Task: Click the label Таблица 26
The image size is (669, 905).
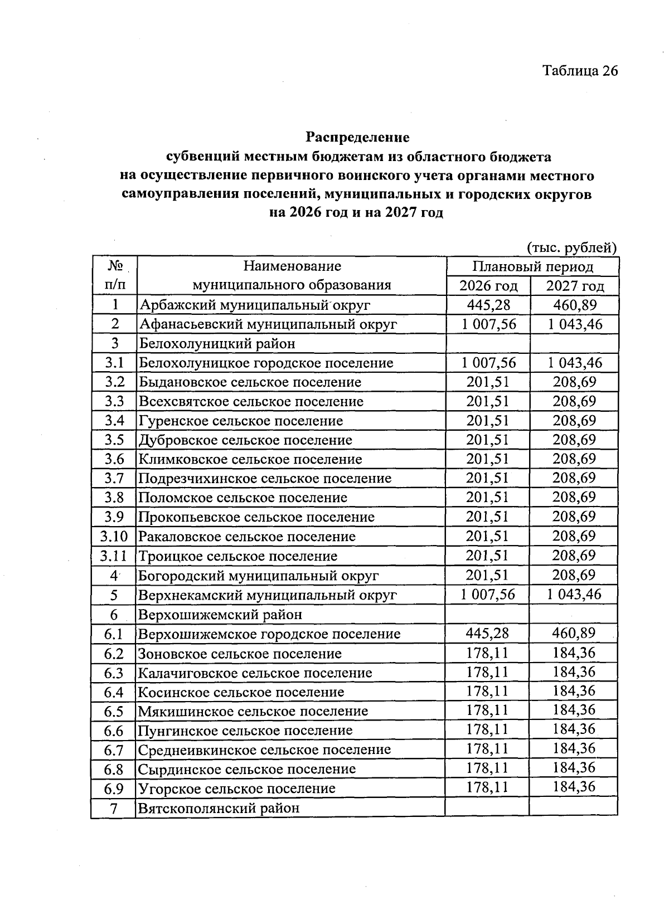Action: [x=580, y=71]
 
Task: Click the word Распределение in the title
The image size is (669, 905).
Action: [x=357, y=137]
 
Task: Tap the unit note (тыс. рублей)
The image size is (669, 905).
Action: [x=571, y=247]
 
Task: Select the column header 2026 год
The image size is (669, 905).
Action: [x=488, y=286]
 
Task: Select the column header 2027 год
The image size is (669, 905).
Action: [x=575, y=286]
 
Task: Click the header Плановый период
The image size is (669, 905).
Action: [x=532, y=266]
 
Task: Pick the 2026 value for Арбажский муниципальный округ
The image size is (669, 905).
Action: [x=488, y=305]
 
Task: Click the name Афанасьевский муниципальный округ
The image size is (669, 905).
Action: [x=268, y=324]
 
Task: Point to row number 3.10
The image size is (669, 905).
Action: [x=114, y=537]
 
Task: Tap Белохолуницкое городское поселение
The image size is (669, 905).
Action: [x=266, y=363]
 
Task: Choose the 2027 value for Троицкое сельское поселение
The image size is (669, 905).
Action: [x=574, y=556]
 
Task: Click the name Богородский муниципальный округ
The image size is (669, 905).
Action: [x=259, y=575]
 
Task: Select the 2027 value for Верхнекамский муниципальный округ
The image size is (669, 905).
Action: [x=574, y=594]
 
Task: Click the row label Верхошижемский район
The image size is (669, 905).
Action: [x=220, y=615]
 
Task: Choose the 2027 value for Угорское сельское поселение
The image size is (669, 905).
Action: [x=574, y=787]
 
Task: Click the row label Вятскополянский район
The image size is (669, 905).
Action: [x=219, y=808]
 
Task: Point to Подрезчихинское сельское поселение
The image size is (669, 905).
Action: [x=265, y=479]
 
